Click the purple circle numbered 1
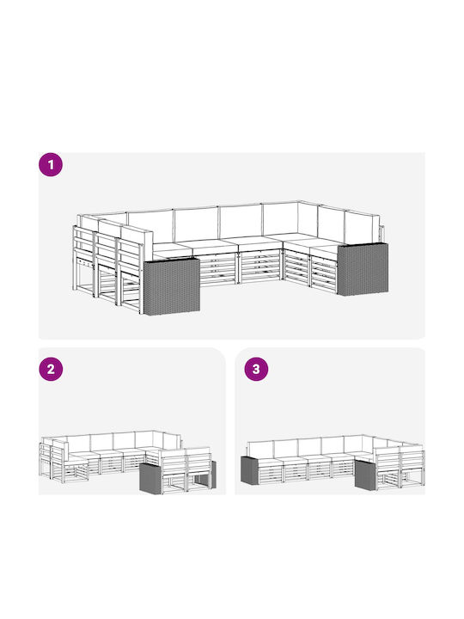tap(51, 164)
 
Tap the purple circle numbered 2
tap(51, 369)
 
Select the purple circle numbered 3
tap(256, 369)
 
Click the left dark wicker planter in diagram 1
tap(172, 286)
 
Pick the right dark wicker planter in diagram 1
tap(363, 269)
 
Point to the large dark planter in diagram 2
tap(151, 477)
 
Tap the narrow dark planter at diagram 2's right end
tap(213, 474)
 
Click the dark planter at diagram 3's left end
tap(249, 469)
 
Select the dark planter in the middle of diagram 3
tap(365, 474)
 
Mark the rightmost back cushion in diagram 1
tap(363, 227)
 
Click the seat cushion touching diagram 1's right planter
tap(325, 252)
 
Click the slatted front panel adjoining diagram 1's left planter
tap(218, 269)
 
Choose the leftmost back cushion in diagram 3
tap(260, 449)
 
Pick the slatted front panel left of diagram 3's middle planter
tap(343, 469)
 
